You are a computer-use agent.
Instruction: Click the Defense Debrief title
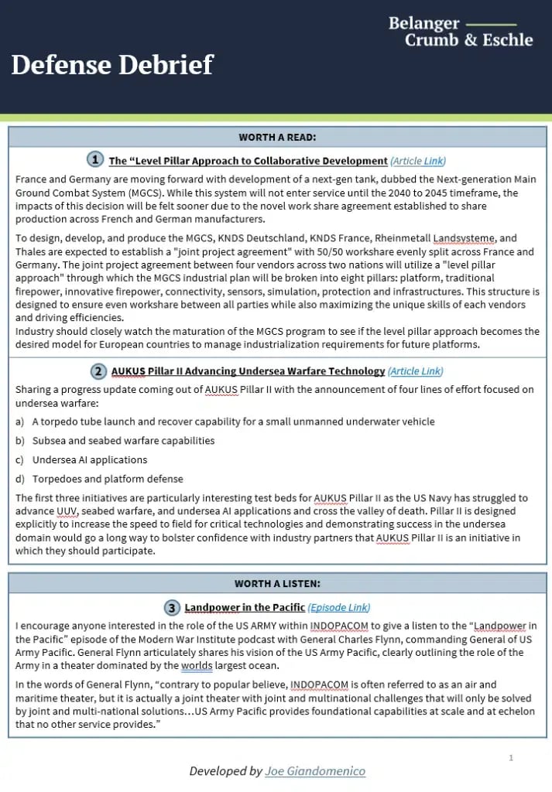pyautogui.click(x=112, y=64)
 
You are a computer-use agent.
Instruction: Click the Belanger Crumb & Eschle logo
pyautogui.click(x=461, y=32)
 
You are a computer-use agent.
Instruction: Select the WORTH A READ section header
pyautogui.click(x=277, y=138)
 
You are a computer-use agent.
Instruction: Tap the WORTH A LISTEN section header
pyautogui.click(x=277, y=583)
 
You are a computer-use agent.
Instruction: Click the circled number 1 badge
pyautogui.click(x=94, y=159)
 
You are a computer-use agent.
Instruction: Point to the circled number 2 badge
pyautogui.click(x=98, y=370)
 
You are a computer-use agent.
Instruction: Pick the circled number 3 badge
pyautogui.click(x=171, y=607)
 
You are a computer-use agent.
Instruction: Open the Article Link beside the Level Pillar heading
pyautogui.click(x=418, y=161)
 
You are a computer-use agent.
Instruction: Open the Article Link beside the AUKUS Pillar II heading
pyautogui.click(x=415, y=371)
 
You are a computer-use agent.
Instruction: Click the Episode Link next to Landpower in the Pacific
pyautogui.click(x=339, y=608)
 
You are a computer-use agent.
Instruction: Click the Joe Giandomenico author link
pyautogui.click(x=315, y=771)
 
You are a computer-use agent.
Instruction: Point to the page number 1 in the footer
pyautogui.click(x=511, y=757)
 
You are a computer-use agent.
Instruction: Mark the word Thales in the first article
pyautogui.click(x=32, y=252)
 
